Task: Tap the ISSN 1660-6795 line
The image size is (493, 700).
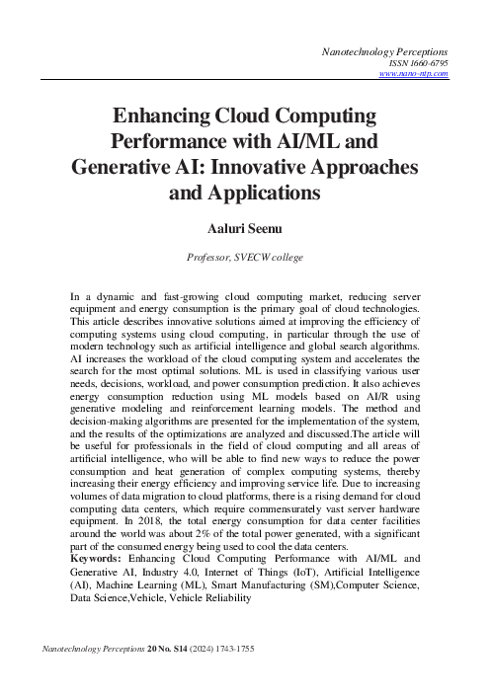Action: click(420, 60)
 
